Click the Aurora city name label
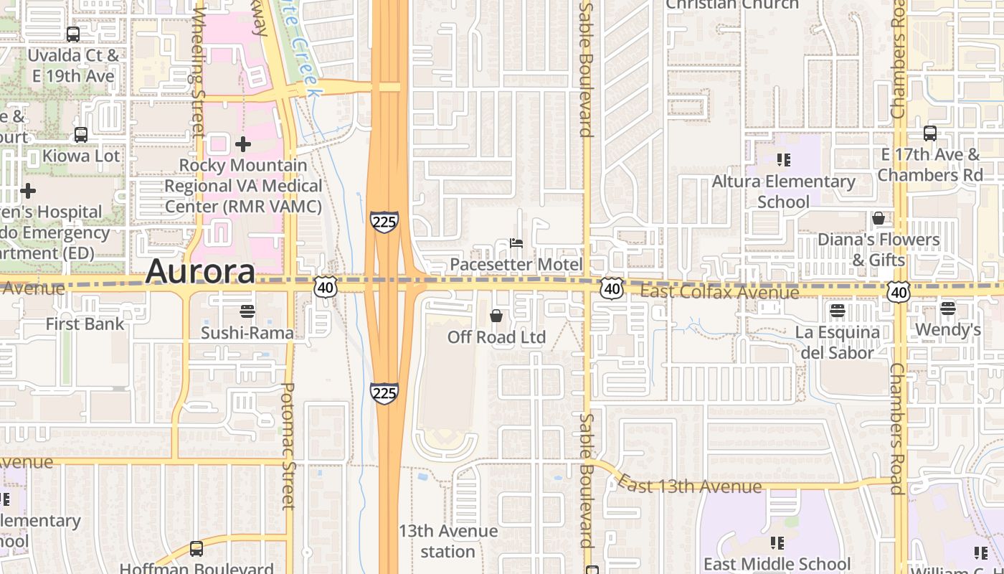(x=200, y=272)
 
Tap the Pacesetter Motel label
(x=516, y=265)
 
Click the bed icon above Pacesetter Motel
(x=516, y=243)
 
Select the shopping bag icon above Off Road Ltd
(x=496, y=315)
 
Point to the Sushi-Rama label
(x=247, y=333)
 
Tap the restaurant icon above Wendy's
(x=948, y=309)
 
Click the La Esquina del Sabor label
(x=837, y=342)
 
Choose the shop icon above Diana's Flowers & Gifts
(x=879, y=218)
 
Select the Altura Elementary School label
(x=783, y=192)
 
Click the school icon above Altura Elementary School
(x=783, y=159)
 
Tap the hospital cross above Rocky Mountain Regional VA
(x=243, y=144)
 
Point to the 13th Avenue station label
(x=447, y=541)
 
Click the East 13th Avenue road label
(x=690, y=486)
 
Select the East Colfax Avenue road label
(x=719, y=292)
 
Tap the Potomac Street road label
(x=287, y=445)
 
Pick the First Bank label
(x=85, y=324)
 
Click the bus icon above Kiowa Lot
(x=81, y=134)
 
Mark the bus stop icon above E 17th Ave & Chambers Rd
(x=930, y=133)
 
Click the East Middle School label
(x=777, y=564)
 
